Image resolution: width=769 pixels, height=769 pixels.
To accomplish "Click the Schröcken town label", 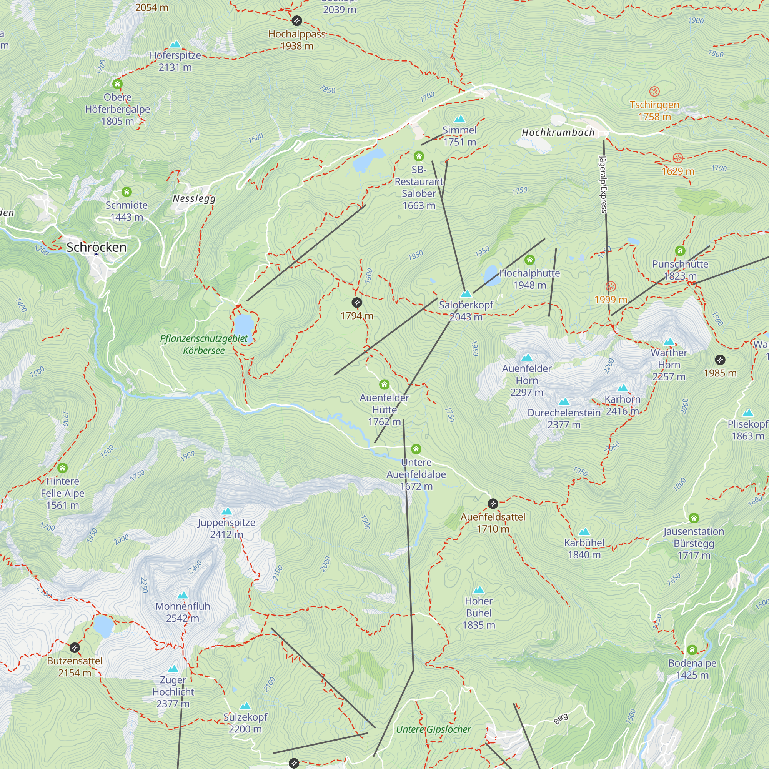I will coord(97,247).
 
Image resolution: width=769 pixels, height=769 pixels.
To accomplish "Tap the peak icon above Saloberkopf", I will coord(466,294).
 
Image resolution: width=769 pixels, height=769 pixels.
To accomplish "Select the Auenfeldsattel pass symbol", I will coord(493,504).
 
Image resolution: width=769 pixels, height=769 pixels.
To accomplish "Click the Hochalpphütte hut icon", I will coord(529,260).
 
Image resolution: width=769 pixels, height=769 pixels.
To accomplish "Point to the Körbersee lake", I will coord(244,325).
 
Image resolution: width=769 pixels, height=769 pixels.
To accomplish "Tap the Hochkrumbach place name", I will coord(558,133).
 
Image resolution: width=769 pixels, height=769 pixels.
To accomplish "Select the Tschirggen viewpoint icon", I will coord(654,92).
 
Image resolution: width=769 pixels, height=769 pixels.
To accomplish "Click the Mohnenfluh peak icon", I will coord(182,595).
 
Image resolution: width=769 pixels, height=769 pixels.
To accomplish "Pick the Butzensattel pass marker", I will coord(75,647).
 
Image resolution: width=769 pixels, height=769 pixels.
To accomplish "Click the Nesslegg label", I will coord(194,198).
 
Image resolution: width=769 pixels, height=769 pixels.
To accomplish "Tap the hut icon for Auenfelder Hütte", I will coord(384,384).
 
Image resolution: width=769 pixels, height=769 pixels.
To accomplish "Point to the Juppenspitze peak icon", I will coord(226,511).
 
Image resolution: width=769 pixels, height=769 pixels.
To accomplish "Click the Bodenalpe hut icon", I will coord(692,650).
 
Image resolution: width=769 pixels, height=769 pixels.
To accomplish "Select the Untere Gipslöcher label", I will coord(433,729).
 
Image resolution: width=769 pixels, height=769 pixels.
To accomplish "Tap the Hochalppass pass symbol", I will coord(296,20).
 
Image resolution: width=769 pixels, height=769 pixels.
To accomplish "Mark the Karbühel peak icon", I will coord(584,531).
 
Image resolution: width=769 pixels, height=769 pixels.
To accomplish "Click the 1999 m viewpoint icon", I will coord(611,286).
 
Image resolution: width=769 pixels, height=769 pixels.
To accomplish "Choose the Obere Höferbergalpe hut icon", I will coord(117,84).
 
